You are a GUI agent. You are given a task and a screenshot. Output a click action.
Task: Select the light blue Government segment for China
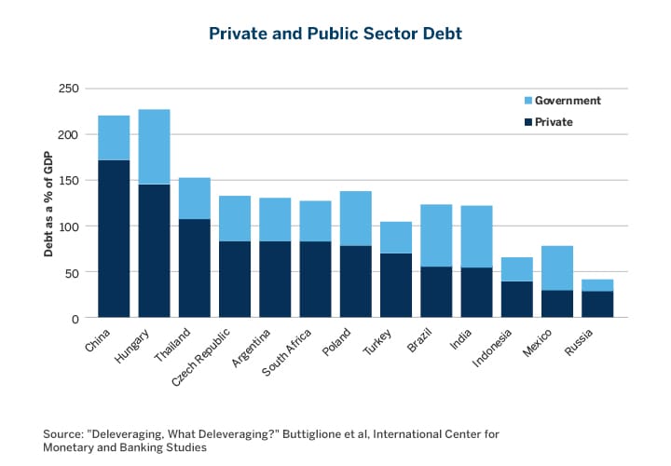coord(114,138)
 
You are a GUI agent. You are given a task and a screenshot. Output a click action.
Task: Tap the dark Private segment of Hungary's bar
coord(154,251)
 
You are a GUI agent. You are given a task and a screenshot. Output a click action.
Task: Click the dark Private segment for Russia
coord(596,305)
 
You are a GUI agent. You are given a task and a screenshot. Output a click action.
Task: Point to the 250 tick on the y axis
coord(69,89)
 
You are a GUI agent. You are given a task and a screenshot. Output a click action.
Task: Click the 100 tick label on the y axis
coord(69,226)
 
